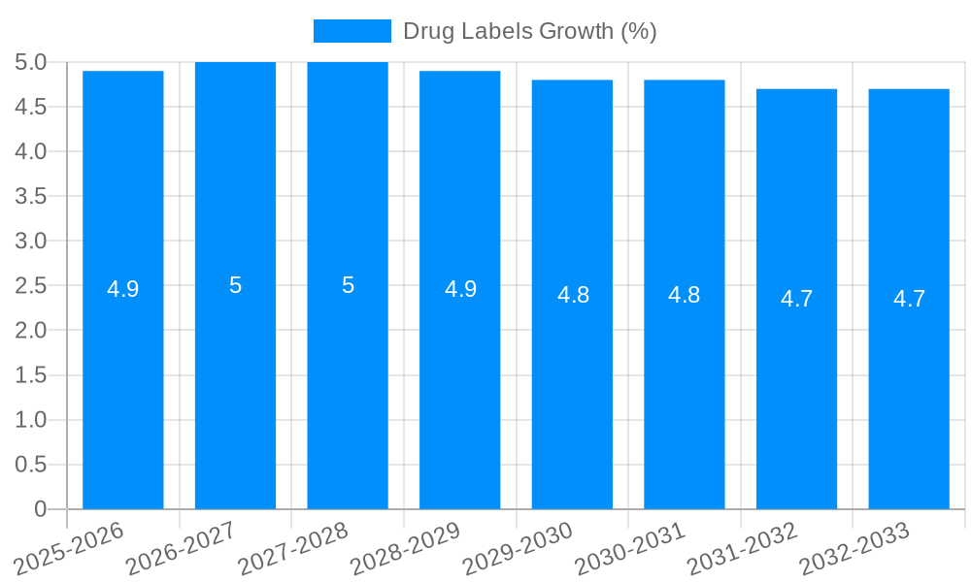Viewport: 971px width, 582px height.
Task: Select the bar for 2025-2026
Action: click(x=123, y=388)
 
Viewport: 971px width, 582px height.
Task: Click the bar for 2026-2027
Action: click(x=236, y=388)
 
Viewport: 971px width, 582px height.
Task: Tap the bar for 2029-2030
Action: click(x=572, y=388)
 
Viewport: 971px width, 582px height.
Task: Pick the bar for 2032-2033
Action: click(x=909, y=388)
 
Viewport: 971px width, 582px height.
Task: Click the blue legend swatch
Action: click(x=352, y=31)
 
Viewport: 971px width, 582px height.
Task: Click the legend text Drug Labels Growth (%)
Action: click(x=530, y=31)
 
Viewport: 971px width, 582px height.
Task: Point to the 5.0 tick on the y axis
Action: click(x=31, y=63)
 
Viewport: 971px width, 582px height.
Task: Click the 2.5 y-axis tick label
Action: click(x=31, y=286)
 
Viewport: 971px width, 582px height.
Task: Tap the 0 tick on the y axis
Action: click(x=40, y=509)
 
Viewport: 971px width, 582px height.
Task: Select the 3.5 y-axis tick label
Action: click(x=31, y=197)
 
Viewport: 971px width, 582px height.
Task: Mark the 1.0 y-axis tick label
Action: click(x=31, y=420)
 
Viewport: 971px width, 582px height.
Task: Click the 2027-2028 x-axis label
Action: click(x=293, y=548)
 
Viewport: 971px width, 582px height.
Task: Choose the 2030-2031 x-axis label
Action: click(x=629, y=548)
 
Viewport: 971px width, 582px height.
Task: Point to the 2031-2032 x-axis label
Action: click(x=742, y=548)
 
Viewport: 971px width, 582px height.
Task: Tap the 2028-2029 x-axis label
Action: click(x=405, y=548)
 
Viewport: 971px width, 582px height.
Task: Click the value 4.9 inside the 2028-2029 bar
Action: click(x=460, y=289)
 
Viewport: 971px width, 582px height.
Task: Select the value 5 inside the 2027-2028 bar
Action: click(x=348, y=285)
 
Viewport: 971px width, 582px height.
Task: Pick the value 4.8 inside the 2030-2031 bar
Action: click(x=685, y=295)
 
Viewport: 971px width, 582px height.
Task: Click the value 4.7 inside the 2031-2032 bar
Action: click(x=797, y=299)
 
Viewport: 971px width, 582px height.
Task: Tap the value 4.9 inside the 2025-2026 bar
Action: click(x=123, y=289)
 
